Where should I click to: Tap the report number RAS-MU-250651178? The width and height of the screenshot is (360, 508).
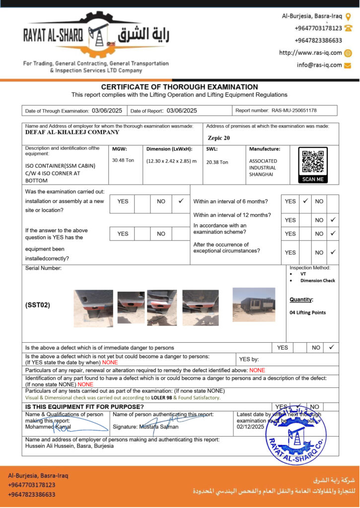click(294, 111)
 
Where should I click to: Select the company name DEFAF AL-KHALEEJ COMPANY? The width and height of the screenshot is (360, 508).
click(72, 132)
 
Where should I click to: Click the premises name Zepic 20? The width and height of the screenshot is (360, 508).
click(219, 138)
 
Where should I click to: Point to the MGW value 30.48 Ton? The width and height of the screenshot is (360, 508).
click(123, 160)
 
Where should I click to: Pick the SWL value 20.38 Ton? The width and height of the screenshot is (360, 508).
click(217, 162)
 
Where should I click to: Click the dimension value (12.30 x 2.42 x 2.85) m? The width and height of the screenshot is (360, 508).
click(171, 161)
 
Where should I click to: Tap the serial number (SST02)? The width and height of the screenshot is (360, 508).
click(38, 305)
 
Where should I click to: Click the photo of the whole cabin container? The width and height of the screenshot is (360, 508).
click(254, 305)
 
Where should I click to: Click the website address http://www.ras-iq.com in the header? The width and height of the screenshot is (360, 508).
click(310, 53)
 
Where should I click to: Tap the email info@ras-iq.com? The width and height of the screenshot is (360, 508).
click(319, 65)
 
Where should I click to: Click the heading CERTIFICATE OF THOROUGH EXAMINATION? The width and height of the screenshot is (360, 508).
click(179, 87)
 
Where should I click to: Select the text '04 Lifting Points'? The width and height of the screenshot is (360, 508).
click(307, 313)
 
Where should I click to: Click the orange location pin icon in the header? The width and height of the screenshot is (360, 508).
click(348, 16)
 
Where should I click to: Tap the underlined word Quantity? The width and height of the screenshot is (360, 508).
click(301, 300)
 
